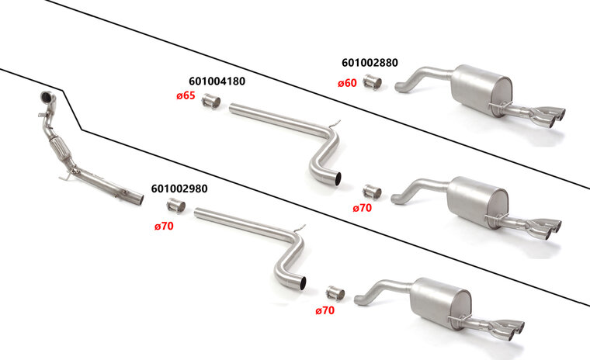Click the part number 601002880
(370, 62)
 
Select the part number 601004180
(217, 81)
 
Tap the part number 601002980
(179, 189)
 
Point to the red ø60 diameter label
(347, 83)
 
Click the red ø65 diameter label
(186, 95)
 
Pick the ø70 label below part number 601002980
(164, 226)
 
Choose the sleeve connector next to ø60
(372, 82)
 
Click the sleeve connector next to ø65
(211, 101)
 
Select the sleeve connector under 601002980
(175, 206)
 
